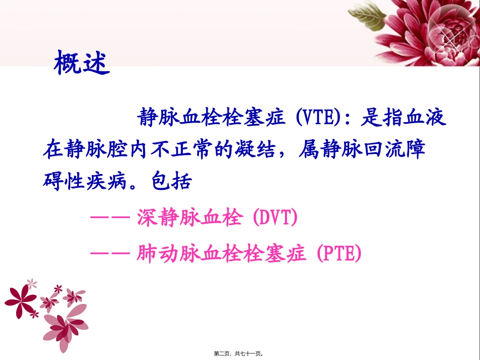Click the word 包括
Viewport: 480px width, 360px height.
tap(172, 182)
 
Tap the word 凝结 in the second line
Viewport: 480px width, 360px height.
tap(261, 150)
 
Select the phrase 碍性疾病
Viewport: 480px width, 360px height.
tap(83, 182)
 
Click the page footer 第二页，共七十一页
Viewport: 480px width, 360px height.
tap(240, 354)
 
